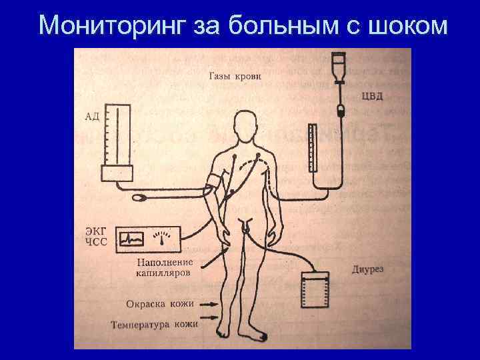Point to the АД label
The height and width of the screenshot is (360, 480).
92,117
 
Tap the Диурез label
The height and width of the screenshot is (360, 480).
367,270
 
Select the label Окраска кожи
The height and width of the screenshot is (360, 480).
160,304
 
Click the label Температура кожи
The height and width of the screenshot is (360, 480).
155,325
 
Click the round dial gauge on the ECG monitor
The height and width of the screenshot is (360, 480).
161,236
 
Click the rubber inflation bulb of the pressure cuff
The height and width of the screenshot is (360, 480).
141,197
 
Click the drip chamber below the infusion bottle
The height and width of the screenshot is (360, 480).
341,110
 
